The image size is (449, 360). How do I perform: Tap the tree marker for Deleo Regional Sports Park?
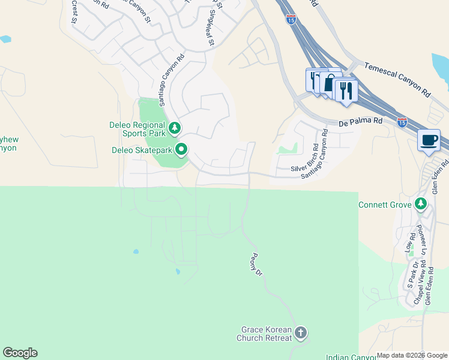coord(175,128)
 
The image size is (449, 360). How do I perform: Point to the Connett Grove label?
coord(384,205)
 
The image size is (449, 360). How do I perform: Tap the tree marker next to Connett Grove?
coord(421,205)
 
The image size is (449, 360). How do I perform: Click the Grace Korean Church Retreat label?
coord(266,334)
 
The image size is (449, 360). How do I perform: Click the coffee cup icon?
coord(429,140)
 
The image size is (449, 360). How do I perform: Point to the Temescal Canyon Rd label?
coord(397,77)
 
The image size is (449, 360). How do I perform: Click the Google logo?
coord(20,353)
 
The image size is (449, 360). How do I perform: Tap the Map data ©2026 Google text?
coord(412,355)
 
